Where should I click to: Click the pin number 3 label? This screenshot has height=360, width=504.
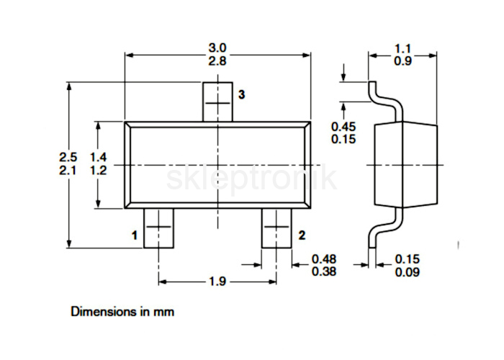click(241, 94)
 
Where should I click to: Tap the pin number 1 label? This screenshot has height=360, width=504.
click(135, 235)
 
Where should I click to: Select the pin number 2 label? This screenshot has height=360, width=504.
click(302, 235)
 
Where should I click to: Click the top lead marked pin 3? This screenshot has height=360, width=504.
click(217, 102)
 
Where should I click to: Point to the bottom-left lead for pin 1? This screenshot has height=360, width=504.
click(158, 228)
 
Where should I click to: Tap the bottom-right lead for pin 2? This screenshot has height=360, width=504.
click(276, 228)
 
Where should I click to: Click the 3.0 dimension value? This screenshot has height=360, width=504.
click(217, 48)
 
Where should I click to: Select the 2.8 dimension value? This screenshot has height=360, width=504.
click(217, 60)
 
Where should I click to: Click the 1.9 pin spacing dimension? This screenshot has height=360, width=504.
click(217, 282)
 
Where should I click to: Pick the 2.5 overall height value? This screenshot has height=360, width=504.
click(68, 157)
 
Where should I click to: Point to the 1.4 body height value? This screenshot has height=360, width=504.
click(98, 157)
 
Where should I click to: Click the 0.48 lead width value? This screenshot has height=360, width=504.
click(324, 258)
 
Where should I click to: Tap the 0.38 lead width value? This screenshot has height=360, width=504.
click(324, 271)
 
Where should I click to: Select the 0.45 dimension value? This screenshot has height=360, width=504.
click(343, 127)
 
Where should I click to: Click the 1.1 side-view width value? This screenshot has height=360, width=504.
click(402, 48)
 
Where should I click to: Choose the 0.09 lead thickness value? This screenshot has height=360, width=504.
click(408, 272)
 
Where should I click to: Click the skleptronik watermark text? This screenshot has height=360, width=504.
click(252, 178)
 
